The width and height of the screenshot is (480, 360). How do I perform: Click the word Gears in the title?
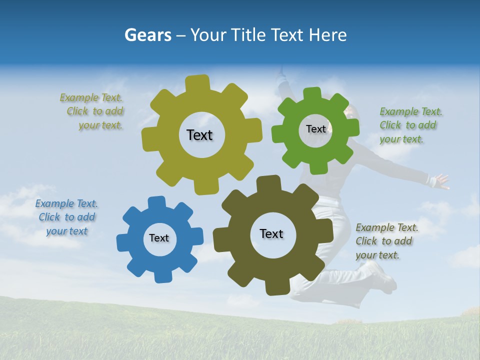[147, 35]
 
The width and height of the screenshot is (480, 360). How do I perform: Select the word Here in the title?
[328, 35]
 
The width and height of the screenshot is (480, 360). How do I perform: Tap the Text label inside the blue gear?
[159, 238]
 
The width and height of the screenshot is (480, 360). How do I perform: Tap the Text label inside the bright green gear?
[316, 129]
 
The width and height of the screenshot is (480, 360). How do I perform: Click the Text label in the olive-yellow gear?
[200, 135]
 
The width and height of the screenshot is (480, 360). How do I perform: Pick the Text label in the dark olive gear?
[271, 233]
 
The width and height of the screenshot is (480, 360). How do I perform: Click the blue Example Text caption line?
[66, 203]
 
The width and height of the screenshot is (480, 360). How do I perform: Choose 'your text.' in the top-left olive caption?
[100, 125]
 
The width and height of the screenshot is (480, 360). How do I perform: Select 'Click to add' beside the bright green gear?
[408, 125]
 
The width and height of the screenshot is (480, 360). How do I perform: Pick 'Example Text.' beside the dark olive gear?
[387, 227]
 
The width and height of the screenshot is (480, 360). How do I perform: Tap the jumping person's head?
[350, 112]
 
